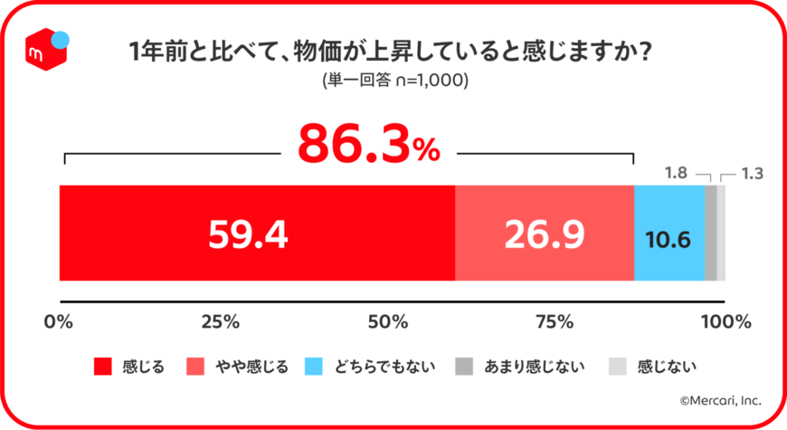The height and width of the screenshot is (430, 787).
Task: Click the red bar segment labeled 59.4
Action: click(x=256, y=234)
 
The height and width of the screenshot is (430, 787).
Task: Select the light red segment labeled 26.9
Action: click(x=544, y=234)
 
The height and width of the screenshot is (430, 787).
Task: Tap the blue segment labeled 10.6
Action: click(x=668, y=239)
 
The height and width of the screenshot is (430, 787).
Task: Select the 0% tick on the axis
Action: click(x=59, y=321)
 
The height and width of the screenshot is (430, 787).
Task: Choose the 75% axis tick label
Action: click(x=555, y=321)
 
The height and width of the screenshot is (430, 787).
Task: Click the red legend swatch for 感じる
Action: click(x=103, y=367)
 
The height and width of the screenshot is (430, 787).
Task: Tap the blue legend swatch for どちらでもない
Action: click(x=314, y=367)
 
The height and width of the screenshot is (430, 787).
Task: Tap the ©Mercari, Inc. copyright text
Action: click(x=720, y=399)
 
